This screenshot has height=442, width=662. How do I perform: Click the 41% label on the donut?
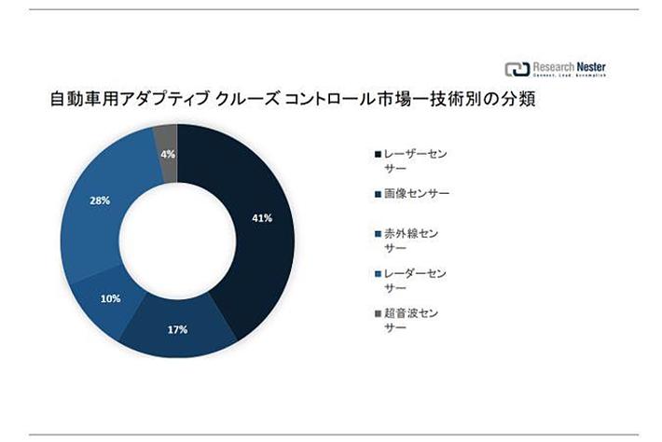262,218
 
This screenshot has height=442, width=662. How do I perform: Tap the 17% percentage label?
178,329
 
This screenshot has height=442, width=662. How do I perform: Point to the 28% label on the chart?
101,200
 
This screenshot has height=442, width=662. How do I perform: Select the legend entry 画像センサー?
415,194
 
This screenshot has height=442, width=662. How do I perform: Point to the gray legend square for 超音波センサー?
377,313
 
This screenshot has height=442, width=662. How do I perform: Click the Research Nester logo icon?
517,69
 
